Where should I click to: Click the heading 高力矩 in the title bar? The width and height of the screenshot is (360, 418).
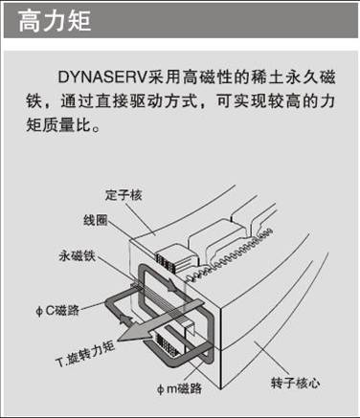click(55, 21)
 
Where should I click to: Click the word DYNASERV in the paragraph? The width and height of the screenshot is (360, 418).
click(101, 77)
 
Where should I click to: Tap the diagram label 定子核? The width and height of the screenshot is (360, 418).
click(124, 195)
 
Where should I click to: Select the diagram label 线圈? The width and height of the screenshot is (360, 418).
click(95, 220)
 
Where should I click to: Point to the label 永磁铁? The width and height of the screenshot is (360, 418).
click(78, 255)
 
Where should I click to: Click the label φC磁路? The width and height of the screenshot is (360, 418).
click(57, 310)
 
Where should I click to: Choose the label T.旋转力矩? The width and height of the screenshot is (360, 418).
click(85, 354)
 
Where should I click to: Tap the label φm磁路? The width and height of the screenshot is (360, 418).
click(180, 388)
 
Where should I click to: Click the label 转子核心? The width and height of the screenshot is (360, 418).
click(295, 383)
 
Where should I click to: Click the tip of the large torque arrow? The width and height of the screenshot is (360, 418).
click(118, 340)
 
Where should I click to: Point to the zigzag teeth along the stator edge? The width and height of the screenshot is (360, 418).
click(229, 255)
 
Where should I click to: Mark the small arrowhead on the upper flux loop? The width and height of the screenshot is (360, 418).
click(171, 285)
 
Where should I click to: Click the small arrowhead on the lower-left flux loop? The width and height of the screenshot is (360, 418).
click(125, 319)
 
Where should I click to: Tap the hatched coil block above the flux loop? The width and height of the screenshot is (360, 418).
click(166, 262)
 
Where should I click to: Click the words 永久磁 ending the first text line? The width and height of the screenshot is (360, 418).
click(310, 77)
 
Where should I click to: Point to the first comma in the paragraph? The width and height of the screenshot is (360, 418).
click(49, 105)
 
